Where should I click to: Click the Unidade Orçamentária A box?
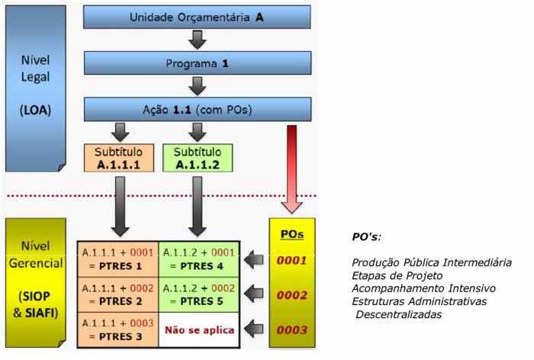[x=196, y=17]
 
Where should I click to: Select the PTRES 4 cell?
[x=198, y=259]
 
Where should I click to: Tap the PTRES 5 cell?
[x=198, y=294]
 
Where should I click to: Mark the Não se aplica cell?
[x=198, y=330]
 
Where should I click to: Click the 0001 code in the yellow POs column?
[x=292, y=260]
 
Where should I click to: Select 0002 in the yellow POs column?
[x=292, y=295]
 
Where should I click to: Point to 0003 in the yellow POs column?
[x=292, y=330]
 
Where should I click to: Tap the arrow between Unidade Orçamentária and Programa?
[x=196, y=40]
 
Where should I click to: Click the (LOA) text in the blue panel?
[x=35, y=109]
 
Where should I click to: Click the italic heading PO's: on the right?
[x=367, y=238]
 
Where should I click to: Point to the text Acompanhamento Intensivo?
[x=423, y=288]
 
